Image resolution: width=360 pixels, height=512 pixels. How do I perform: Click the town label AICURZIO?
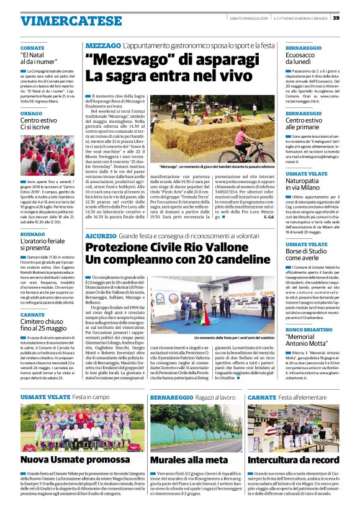(101, 236)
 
